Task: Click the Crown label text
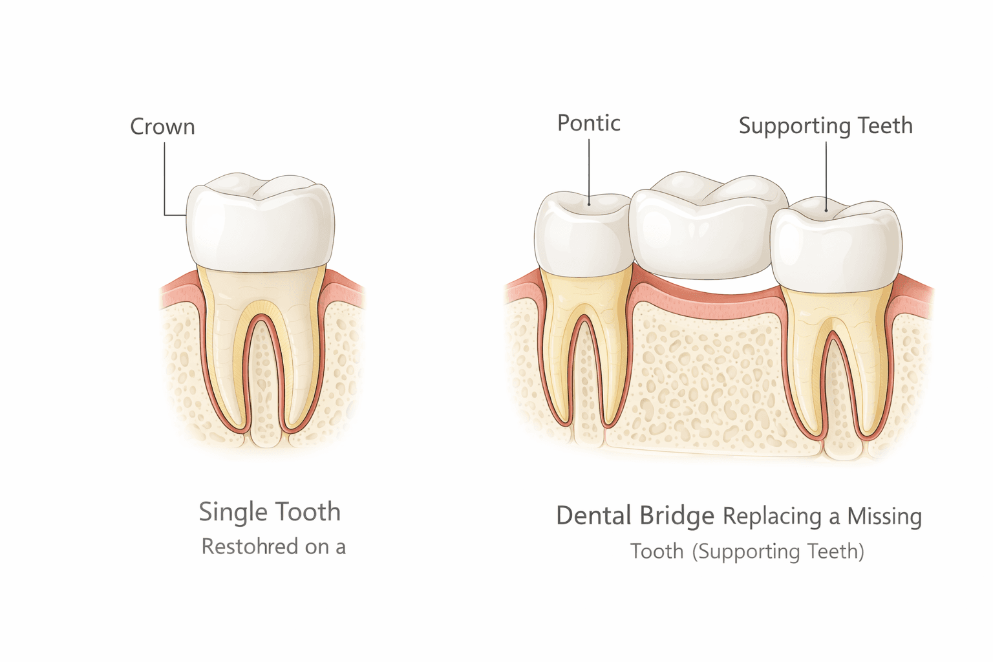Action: pos(162,127)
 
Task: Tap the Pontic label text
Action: pos(588,123)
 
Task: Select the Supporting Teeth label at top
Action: pos(826,125)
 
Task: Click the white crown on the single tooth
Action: pos(260,226)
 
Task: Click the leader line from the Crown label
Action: pos(165,181)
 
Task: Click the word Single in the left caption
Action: pos(231,512)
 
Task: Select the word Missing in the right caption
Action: pos(884,516)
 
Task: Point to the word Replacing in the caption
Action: pos(772,517)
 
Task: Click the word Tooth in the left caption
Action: pos(306,512)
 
